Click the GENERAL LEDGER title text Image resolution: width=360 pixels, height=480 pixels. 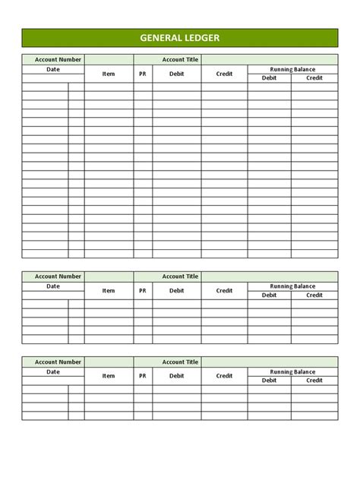click(x=180, y=38)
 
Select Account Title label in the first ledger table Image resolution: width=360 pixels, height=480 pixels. click(x=179, y=59)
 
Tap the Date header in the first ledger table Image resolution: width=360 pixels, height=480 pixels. click(x=53, y=69)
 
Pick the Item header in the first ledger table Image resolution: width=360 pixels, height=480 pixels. click(x=109, y=74)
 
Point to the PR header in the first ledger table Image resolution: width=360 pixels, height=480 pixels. click(x=143, y=74)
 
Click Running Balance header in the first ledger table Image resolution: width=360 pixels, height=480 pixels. click(x=292, y=69)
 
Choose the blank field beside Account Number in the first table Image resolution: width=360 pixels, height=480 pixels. click(x=109, y=59)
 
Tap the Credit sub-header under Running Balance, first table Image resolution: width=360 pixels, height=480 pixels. click(x=314, y=78)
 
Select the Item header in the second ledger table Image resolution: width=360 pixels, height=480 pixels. click(x=109, y=291)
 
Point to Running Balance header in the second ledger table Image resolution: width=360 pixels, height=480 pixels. click(x=292, y=286)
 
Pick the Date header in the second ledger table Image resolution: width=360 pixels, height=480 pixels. click(x=53, y=286)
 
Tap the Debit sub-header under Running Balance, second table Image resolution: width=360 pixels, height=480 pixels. click(x=269, y=295)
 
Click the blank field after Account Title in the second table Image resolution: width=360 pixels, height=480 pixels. click(x=270, y=276)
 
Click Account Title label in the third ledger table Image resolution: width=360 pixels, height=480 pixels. click(x=179, y=362)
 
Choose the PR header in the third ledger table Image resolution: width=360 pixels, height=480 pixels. click(x=143, y=376)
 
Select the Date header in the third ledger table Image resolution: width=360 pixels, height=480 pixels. click(x=53, y=371)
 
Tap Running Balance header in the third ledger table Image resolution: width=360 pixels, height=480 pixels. click(x=292, y=371)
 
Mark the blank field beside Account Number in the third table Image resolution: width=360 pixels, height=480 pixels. click(x=109, y=362)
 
